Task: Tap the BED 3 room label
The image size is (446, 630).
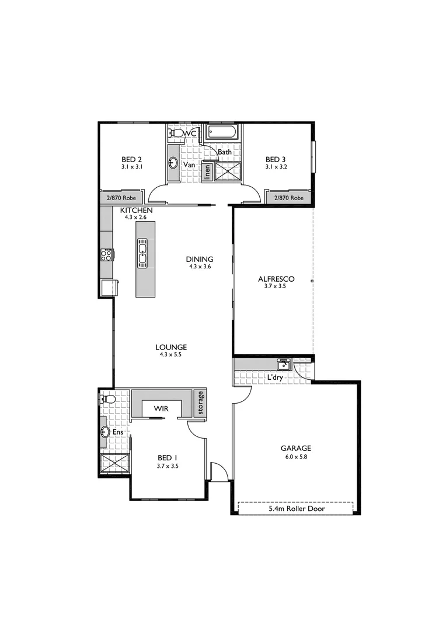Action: click(x=276, y=159)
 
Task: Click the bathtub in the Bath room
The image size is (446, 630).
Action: click(x=221, y=132)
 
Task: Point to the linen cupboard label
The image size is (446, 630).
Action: click(x=207, y=171)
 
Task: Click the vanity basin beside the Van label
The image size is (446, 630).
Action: click(x=173, y=163)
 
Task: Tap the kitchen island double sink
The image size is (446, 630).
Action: click(x=142, y=253)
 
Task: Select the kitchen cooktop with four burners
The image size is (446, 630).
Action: click(x=107, y=255)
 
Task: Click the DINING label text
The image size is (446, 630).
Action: click(x=200, y=259)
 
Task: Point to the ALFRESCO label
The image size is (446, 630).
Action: click(x=276, y=279)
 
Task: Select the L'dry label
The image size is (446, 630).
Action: click(x=274, y=379)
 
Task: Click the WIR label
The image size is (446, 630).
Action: click(x=161, y=409)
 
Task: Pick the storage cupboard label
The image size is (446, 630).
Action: click(x=201, y=403)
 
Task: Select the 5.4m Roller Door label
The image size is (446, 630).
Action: click(x=296, y=509)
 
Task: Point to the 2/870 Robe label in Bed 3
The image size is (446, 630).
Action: click(x=289, y=198)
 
